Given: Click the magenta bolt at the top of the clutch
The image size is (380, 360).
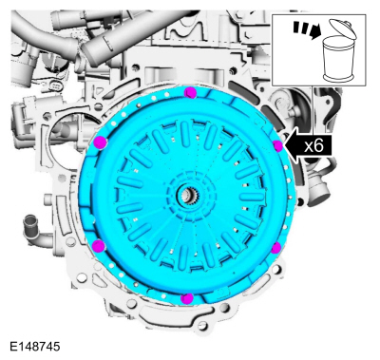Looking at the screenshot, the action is pyautogui.click(x=191, y=92).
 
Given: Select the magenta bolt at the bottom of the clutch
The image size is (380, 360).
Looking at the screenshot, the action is pyautogui.click(x=187, y=298).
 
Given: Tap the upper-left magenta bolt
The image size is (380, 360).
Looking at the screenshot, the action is pyautogui.click(x=100, y=142).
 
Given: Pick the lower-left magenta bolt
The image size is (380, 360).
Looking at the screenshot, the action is pyautogui.click(x=100, y=245).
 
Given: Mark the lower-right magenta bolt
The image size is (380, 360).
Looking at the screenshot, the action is pyautogui.click(x=276, y=248).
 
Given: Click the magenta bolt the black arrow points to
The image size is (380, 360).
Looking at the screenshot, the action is pyautogui.click(x=277, y=146).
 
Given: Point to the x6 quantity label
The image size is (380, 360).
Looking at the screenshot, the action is pyautogui.click(x=313, y=146).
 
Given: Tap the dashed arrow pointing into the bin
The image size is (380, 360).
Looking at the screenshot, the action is pyautogui.click(x=307, y=29).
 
